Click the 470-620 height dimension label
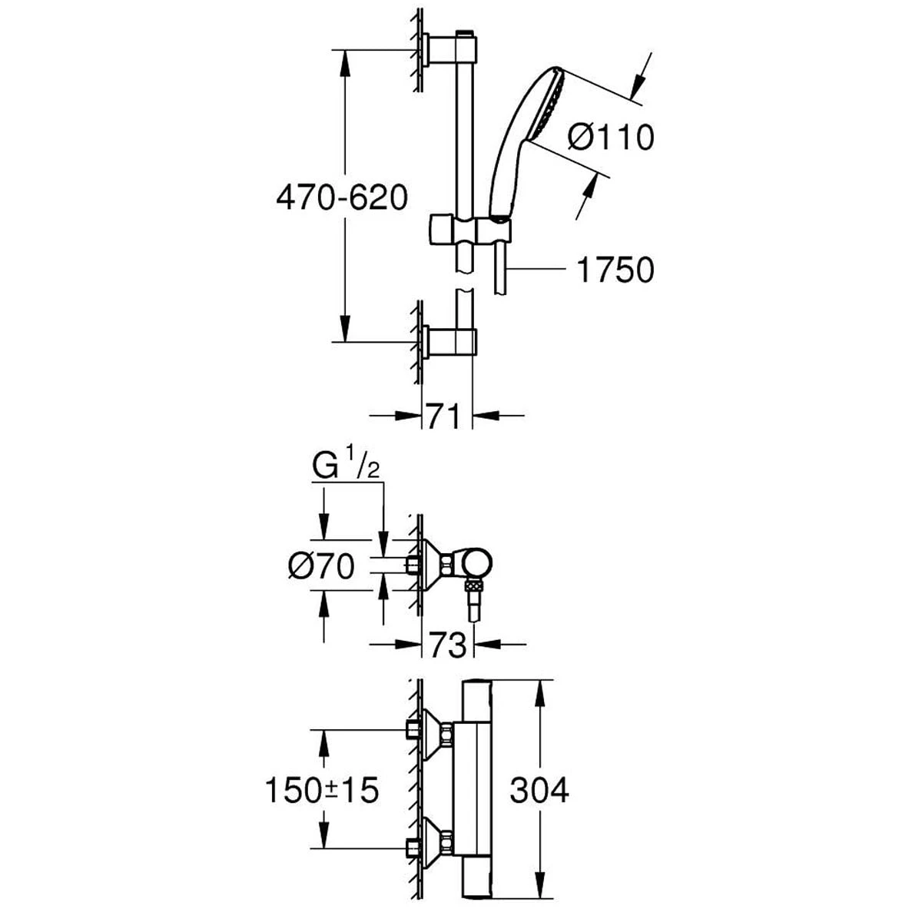click(x=341, y=199)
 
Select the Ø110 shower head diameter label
click(x=610, y=138)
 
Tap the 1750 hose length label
click(x=615, y=270)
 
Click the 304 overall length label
click(x=539, y=790)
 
